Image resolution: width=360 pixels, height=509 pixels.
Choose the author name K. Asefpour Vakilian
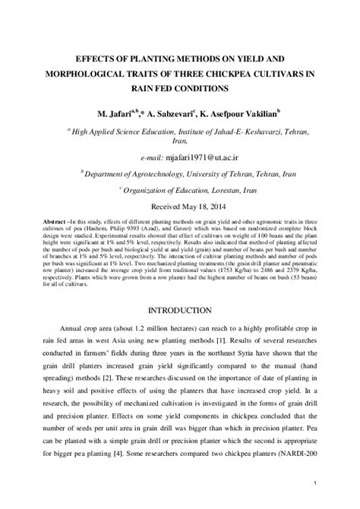[x=239, y=113]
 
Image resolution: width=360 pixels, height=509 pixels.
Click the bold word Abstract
[x=55, y=222]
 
